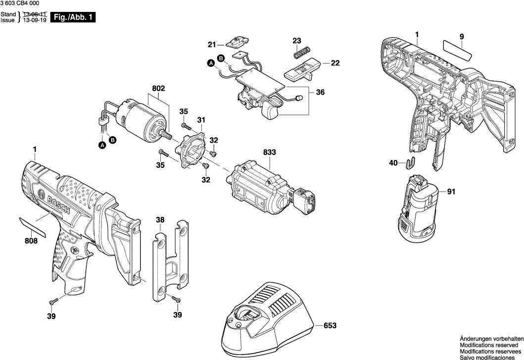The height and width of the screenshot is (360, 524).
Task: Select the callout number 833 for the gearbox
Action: [x=269, y=153]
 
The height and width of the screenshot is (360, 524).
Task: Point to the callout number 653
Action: [x=330, y=326]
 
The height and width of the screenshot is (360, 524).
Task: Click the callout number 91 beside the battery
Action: [x=451, y=192]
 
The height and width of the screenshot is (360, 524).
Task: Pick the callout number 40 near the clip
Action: [x=393, y=162]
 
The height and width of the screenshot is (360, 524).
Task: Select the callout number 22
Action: [x=335, y=63]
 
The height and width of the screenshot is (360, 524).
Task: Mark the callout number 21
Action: [x=212, y=45]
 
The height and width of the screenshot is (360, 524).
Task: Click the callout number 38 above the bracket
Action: [x=160, y=219]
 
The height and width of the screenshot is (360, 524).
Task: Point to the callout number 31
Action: [x=201, y=120]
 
